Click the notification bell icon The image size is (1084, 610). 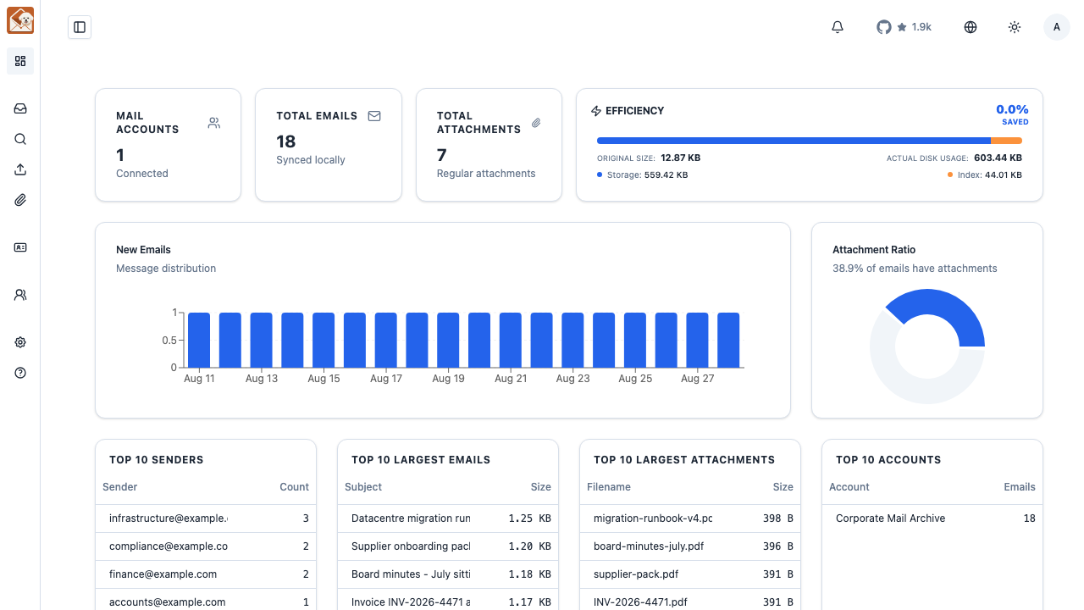coord(838,27)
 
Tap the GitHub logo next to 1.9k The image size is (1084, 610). coord(883,27)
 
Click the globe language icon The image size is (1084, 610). coord(971,27)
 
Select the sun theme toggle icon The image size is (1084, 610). coord(1015,27)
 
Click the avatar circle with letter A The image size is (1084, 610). coord(1056,27)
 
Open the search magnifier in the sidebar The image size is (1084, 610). coord(20,140)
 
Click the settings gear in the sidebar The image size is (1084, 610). coord(20,342)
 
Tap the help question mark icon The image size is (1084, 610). coord(20,373)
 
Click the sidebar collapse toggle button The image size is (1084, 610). coord(80,27)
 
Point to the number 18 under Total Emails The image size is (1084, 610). coord(285,141)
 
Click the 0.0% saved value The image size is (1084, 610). coord(1012,110)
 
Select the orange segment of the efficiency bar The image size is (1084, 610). coord(1007,141)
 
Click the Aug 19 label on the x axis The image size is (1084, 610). coord(448,379)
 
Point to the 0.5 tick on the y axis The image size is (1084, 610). coord(169,341)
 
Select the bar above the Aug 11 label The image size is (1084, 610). coord(199,340)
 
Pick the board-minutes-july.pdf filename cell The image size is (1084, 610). coord(649,546)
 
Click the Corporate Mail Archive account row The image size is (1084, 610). coord(932,518)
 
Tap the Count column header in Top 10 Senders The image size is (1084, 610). coord(294,487)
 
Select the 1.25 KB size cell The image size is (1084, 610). coord(530,518)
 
